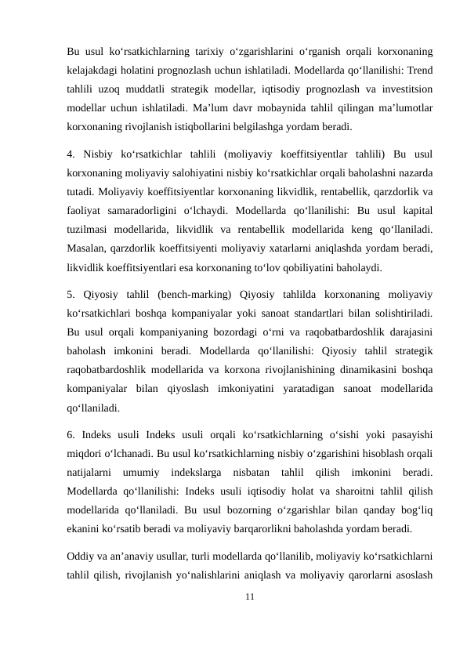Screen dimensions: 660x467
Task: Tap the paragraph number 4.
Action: (x=71, y=153)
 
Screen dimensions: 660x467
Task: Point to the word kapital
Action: (x=417, y=209)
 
